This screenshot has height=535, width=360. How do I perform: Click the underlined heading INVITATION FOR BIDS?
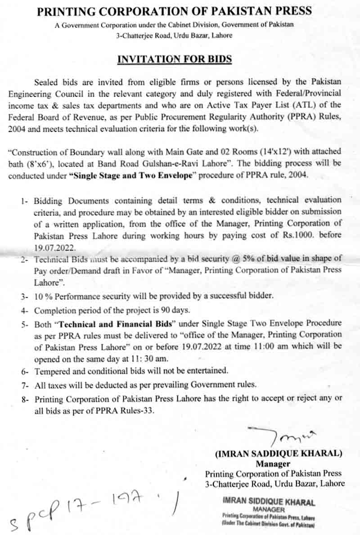[175, 59]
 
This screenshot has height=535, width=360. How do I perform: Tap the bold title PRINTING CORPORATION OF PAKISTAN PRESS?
[175, 11]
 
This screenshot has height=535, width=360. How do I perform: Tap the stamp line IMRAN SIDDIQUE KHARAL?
[268, 502]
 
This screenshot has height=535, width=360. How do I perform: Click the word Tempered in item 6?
[52, 371]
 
